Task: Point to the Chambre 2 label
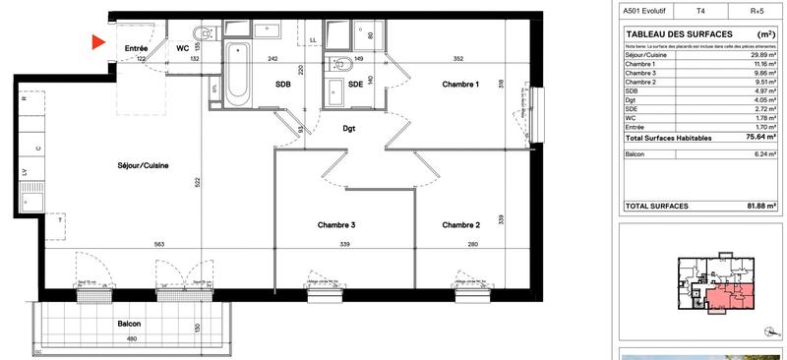tap(460, 225)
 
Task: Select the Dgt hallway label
tap(348, 128)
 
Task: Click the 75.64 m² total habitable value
tap(754, 139)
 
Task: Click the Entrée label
tap(136, 47)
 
